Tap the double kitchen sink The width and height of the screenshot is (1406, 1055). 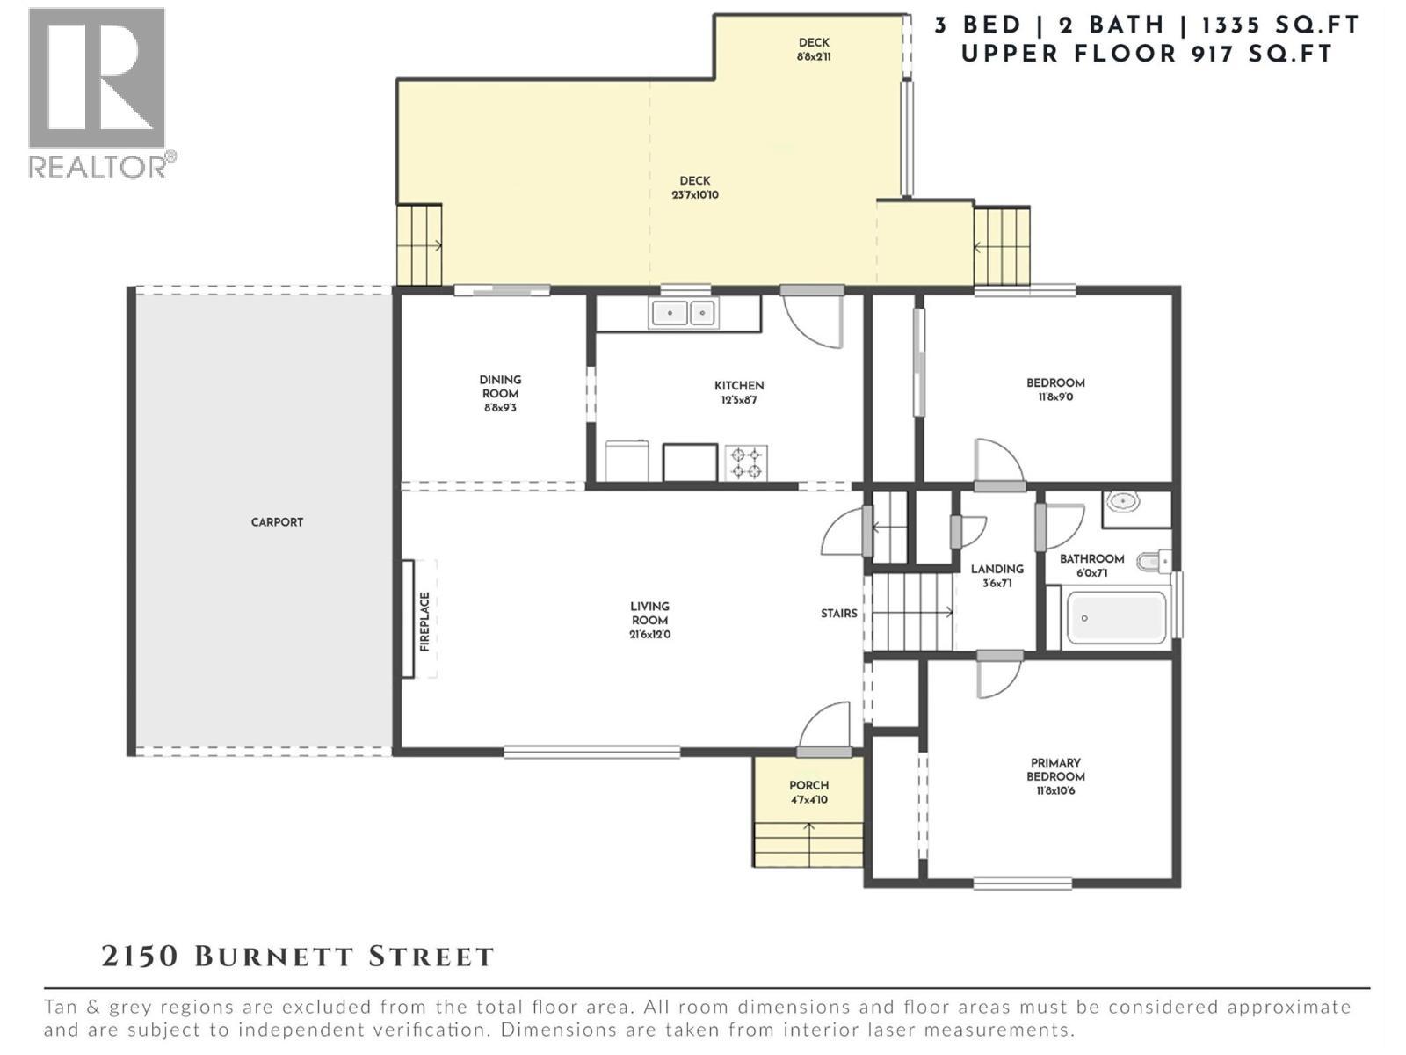pyautogui.click(x=683, y=313)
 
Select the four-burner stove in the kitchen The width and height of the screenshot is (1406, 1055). pyautogui.click(x=746, y=462)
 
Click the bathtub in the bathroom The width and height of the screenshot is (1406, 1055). pyautogui.click(x=1114, y=618)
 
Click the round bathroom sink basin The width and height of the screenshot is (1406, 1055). pyautogui.click(x=1122, y=502)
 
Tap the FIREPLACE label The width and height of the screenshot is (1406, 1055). pyautogui.click(x=425, y=621)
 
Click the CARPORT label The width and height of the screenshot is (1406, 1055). pyautogui.click(x=277, y=522)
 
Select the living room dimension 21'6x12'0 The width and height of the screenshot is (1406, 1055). pyautogui.click(x=649, y=635)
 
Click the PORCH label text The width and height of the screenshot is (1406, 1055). pyautogui.click(x=808, y=785)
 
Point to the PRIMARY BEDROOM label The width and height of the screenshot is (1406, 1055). pyautogui.click(x=1055, y=769)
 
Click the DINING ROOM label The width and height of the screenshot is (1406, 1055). pyautogui.click(x=500, y=386)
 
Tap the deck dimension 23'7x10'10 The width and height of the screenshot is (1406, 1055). pyautogui.click(x=695, y=195)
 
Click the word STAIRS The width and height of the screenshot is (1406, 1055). pyautogui.click(x=838, y=614)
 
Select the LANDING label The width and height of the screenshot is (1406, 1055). pyautogui.click(x=997, y=569)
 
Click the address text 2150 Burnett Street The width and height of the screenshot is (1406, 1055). pyautogui.click(x=298, y=957)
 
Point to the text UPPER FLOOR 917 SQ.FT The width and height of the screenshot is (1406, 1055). pyautogui.click(x=1147, y=54)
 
